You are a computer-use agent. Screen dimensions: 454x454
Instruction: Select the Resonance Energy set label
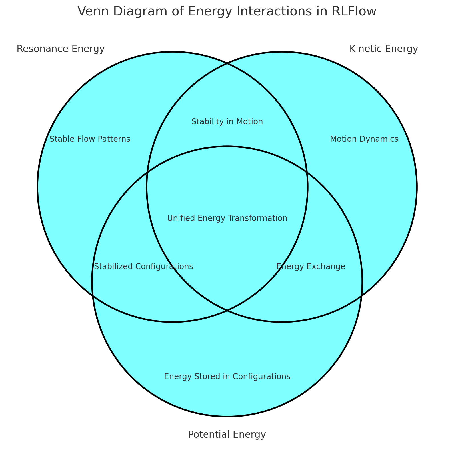tap(61, 49)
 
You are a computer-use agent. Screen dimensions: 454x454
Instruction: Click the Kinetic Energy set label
tap(384, 49)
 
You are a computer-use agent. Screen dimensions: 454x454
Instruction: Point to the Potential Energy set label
tap(227, 435)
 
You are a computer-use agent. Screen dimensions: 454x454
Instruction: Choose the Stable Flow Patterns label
tap(90, 139)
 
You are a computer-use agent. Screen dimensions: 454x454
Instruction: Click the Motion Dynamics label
tap(364, 139)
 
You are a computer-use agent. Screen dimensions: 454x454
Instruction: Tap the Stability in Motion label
tap(227, 122)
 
